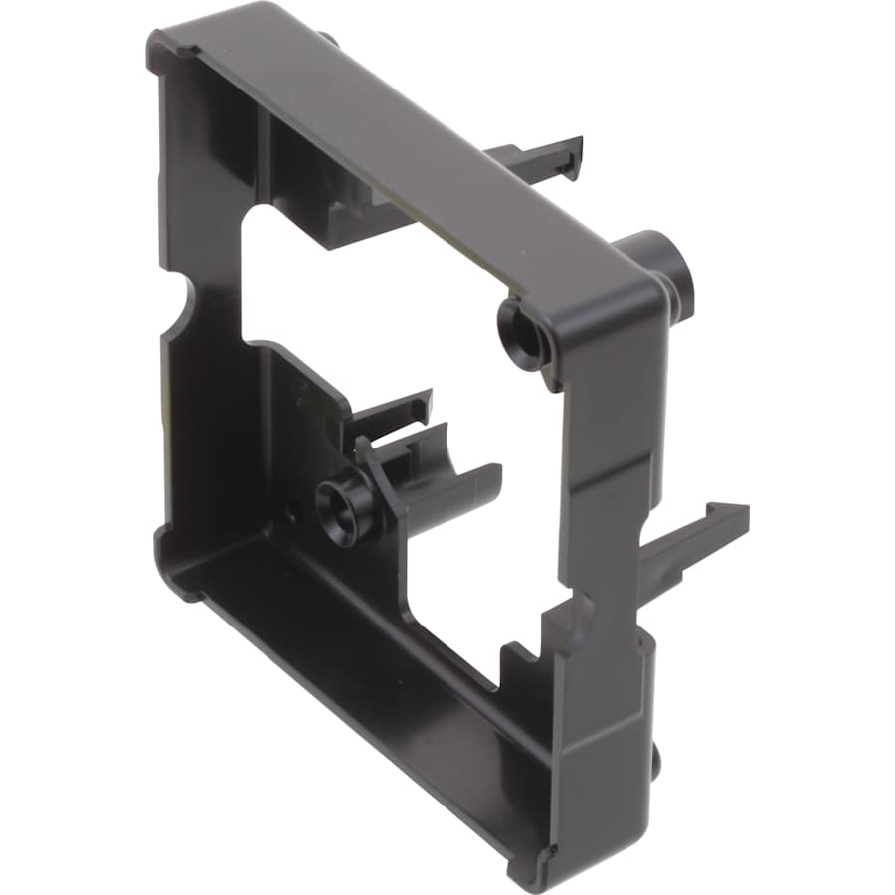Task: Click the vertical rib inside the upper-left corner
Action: click(264, 159)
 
